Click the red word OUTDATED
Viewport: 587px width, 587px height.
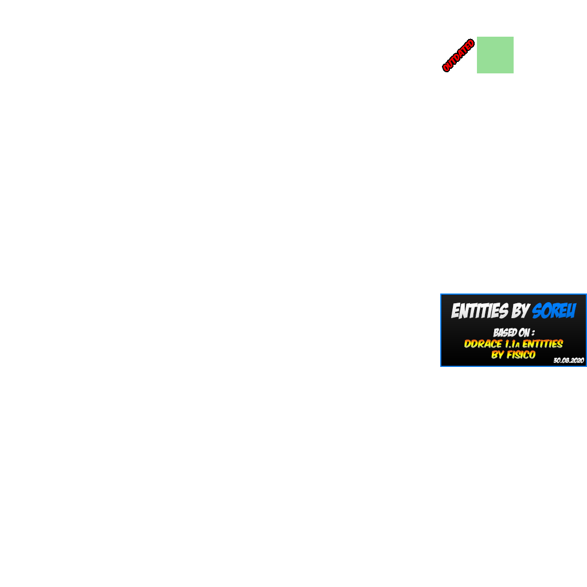[x=459, y=55]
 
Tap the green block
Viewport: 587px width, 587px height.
[x=496, y=55]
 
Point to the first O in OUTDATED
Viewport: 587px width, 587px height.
[x=446, y=69]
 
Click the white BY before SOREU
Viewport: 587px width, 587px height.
[x=521, y=311]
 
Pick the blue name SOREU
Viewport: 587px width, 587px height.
[x=554, y=311]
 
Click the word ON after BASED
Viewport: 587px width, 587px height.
[x=524, y=333]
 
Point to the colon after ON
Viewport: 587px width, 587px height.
[x=533, y=333]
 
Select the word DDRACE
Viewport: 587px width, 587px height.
[x=483, y=344]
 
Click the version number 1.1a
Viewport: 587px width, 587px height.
[x=512, y=344]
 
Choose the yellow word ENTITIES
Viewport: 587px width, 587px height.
[x=542, y=344]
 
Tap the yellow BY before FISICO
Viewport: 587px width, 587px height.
[x=498, y=355]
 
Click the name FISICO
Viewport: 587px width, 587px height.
[x=521, y=355]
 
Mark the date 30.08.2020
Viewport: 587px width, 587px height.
[x=568, y=361]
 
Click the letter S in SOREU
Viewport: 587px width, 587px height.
[x=538, y=311]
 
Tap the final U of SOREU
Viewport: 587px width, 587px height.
[x=570, y=311]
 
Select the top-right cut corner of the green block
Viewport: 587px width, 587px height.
[x=517, y=33]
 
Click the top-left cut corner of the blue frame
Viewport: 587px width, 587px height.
[x=437, y=291]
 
